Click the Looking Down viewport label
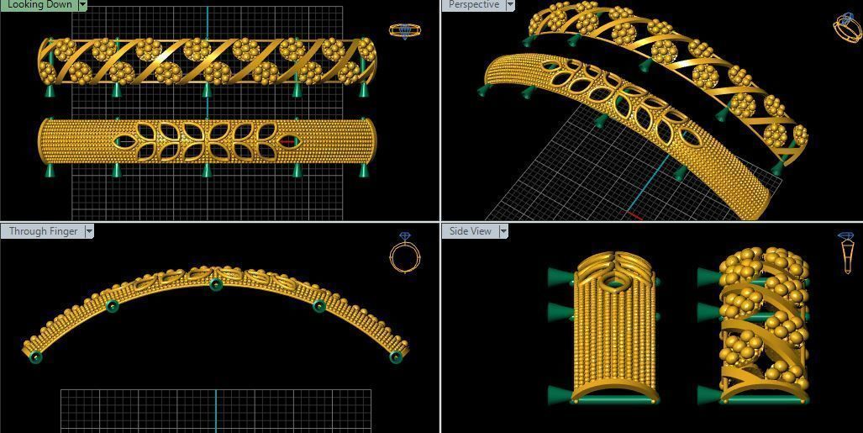39,4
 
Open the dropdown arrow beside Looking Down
82,4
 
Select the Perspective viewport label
474,4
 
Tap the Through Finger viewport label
43,231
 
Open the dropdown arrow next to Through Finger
88,231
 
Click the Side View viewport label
471,231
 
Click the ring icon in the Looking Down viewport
405,31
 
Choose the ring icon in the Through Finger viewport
404,253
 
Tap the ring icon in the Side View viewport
846,252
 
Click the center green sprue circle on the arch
216,285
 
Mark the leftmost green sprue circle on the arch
35,357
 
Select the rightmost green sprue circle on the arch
396,357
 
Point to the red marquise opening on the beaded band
289,141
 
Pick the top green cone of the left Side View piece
559,276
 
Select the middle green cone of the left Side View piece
559,312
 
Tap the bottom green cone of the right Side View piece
708,393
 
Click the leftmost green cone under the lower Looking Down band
50,171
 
